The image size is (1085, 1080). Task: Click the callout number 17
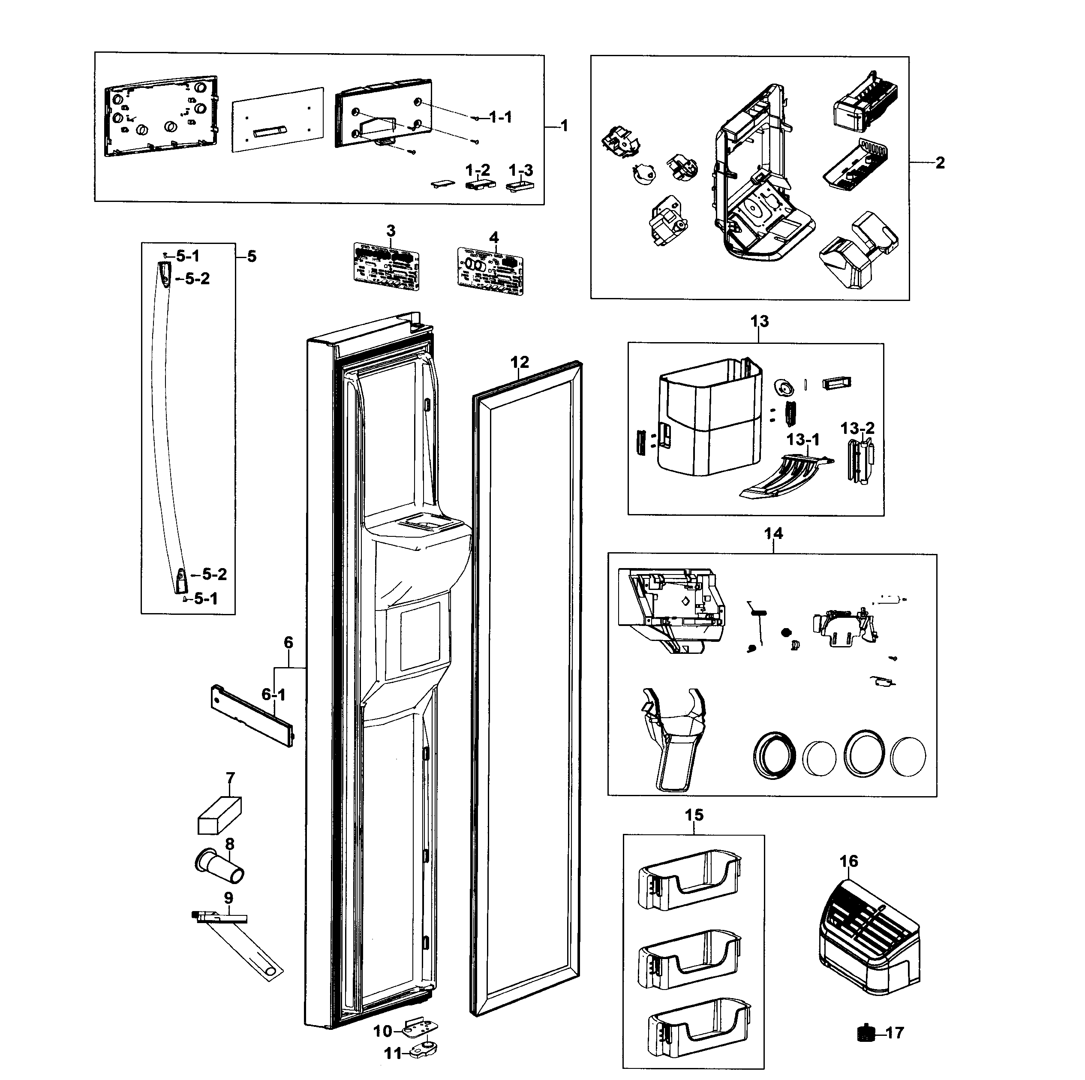896,1033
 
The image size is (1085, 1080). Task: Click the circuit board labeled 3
386,266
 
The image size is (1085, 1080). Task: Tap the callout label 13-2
857,428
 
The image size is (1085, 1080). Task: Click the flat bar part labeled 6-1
251,716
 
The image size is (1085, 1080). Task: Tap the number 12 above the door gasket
520,362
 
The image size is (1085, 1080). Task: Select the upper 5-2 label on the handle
197,279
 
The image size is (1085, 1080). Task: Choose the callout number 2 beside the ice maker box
940,163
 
